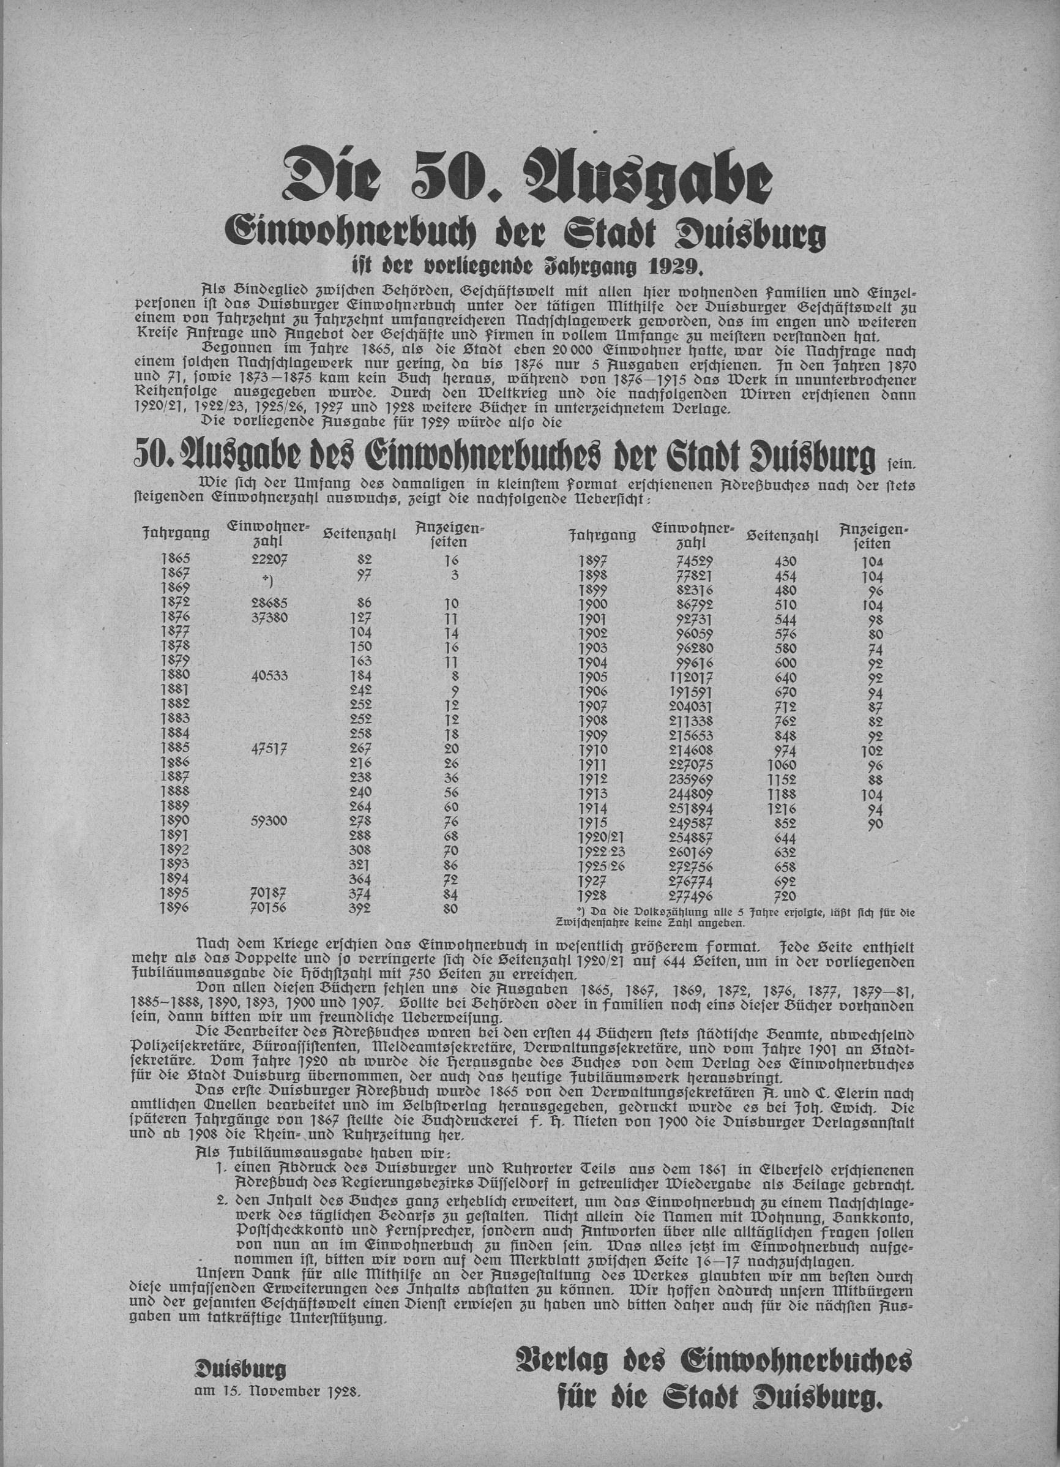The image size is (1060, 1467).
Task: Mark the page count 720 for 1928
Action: click(785, 896)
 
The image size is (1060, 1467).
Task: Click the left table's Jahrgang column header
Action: click(176, 534)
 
